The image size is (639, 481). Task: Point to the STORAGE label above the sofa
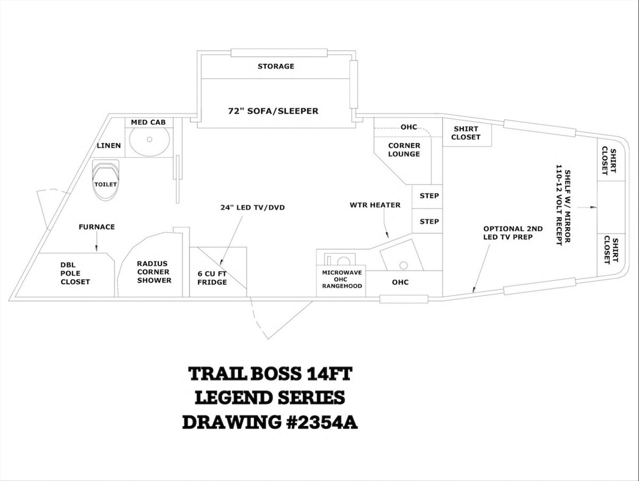[x=276, y=67]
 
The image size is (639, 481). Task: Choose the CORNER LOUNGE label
[x=404, y=150]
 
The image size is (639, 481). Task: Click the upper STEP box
[x=429, y=195]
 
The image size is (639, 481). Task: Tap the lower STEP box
[x=429, y=221]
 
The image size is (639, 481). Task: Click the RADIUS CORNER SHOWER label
[x=154, y=272]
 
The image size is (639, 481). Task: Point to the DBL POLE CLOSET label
[x=75, y=273]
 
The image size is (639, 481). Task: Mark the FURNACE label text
[x=96, y=227]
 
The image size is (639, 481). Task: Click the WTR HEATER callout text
[x=375, y=205]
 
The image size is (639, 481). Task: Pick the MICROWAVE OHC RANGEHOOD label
[x=342, y=279]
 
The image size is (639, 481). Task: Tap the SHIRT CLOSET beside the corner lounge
[x=466, y=133]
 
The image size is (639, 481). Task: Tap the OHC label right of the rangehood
[x=400, y=282]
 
